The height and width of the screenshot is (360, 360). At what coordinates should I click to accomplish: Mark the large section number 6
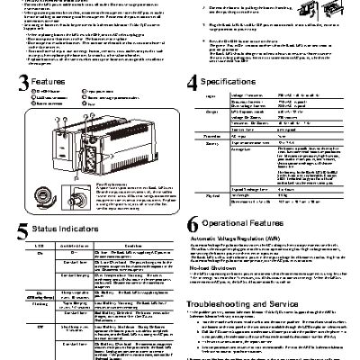coord(191,225)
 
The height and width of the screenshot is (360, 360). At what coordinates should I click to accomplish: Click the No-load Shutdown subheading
coord(212,267)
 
